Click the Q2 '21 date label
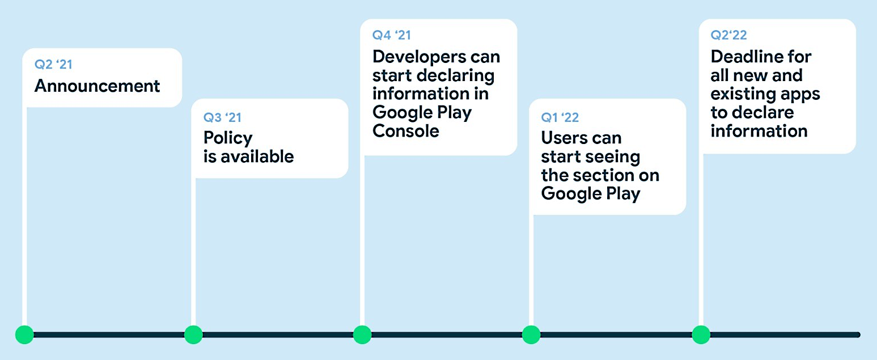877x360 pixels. [x=53, y=64]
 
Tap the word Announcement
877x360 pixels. [x=97, y=86]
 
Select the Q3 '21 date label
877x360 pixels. [x=222, y=117]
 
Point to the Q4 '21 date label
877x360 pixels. [x=392, y=35]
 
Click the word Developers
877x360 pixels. [x=419, y=57]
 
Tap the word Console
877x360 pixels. [x=405, y=131]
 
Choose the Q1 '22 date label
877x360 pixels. [x=560, y=117]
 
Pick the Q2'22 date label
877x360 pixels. [x=728, y=35]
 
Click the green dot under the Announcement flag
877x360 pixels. [x=25, y=334]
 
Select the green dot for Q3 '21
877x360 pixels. [x=193, y=334]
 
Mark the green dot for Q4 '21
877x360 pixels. [x=362, y=334]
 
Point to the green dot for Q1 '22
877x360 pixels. [x=531, y=334]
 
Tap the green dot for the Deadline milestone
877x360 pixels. [x=701, y=334]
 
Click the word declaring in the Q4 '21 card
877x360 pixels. [x=455, y=76]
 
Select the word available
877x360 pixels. [x=257, y=156]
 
